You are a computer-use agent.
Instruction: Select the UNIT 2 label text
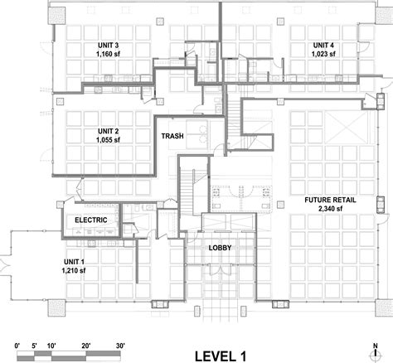(109, 131)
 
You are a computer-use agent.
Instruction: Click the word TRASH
(173, 137)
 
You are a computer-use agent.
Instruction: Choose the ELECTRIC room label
(93, 220)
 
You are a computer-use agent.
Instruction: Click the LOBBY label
(221, 248)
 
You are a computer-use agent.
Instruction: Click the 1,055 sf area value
(109, 140)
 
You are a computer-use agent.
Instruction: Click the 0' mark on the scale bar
(17, 341)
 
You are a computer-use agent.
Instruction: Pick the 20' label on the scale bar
(86, 341)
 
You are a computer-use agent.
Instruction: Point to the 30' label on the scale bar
(120, 341)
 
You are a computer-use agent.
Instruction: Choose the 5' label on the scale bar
(34, 341)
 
